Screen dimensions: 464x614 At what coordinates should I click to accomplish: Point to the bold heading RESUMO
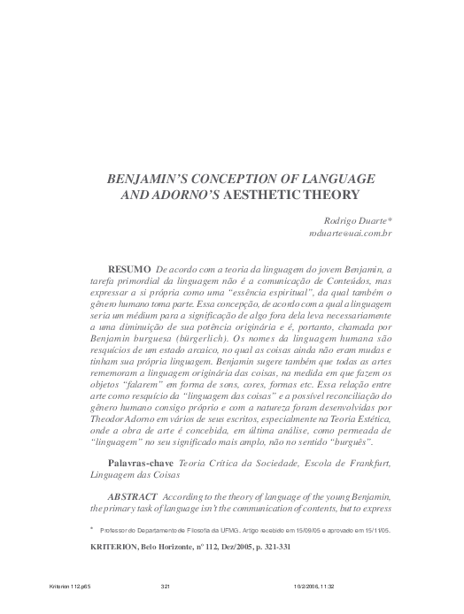(128, 266)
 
